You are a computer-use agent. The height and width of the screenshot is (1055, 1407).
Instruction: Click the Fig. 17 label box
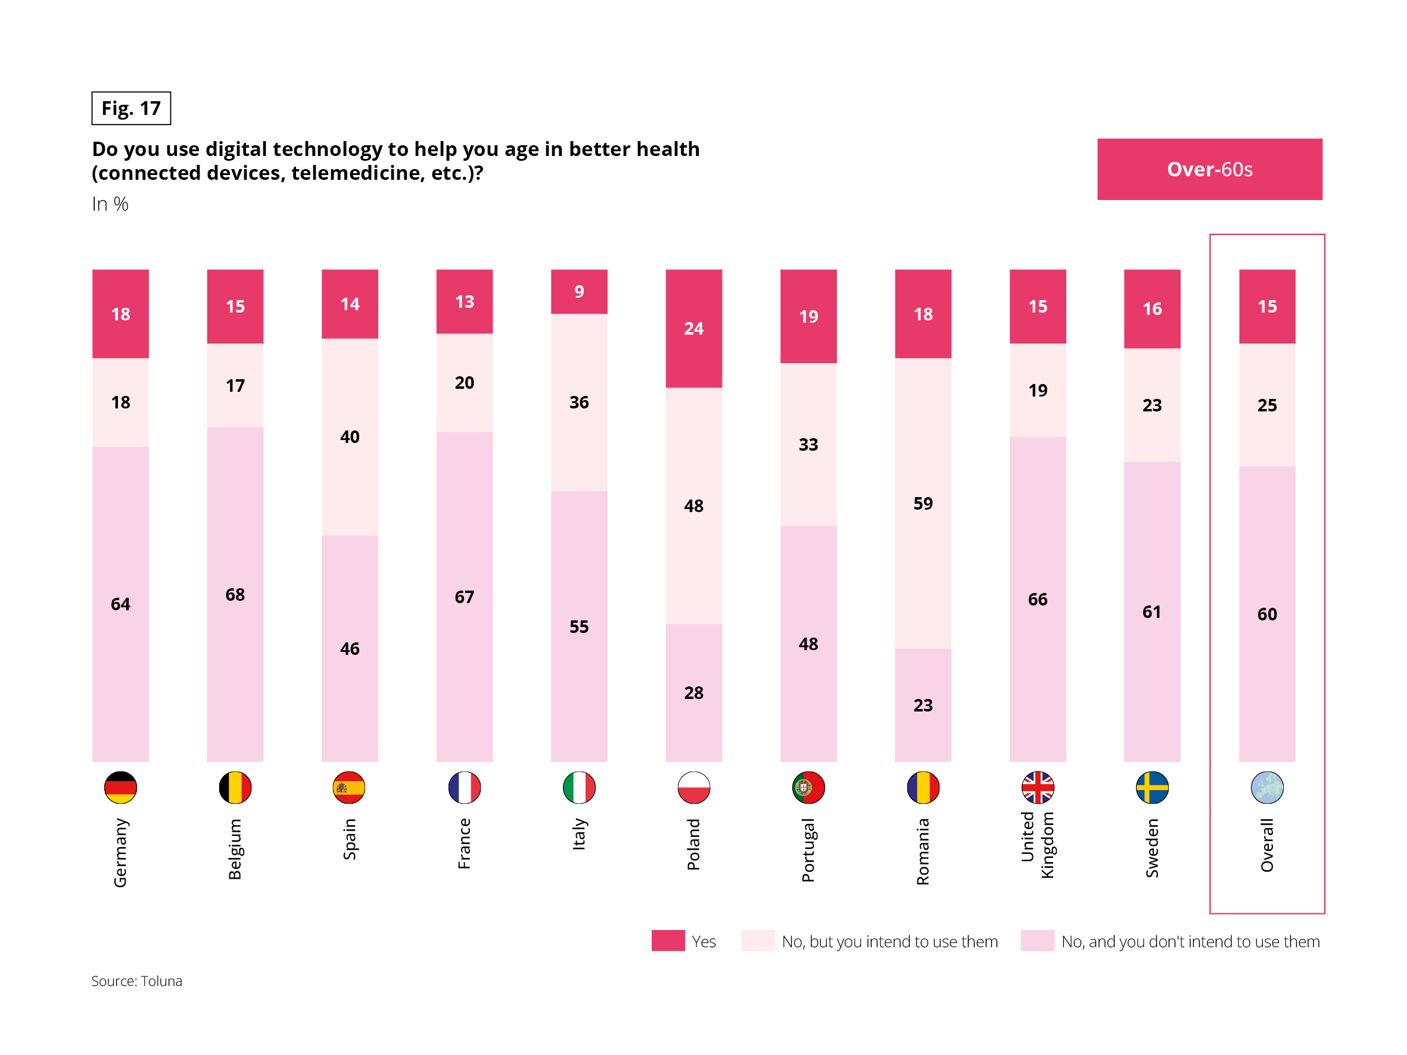[x=131, y=108]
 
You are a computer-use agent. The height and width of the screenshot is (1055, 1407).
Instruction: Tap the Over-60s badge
[x=1209, y=169]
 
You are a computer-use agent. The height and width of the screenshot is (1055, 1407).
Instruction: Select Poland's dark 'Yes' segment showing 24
[x=693, y=328]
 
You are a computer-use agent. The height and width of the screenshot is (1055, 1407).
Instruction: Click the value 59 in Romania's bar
[x=923, y=504]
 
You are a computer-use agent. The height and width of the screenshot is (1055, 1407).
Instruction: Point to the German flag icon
[x=120, y=787]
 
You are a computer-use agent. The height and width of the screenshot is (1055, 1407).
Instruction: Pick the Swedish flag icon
[x=1152, y=787]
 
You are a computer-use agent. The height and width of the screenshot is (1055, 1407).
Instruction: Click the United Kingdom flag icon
[x=1038, y=787]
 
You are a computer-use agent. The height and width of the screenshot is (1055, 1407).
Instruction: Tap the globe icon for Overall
[x=1267, y=787]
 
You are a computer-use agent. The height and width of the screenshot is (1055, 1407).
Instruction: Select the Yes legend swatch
[x=668, y=941]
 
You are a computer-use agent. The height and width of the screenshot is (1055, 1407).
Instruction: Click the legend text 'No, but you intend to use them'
[x=889, y=941]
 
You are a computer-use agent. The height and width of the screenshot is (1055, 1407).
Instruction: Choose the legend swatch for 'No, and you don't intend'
[x=1037, y=941]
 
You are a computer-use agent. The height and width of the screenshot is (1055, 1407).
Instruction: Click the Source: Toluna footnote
[x=137, y=981]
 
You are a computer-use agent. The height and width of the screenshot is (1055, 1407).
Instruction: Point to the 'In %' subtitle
[x=110, y=204]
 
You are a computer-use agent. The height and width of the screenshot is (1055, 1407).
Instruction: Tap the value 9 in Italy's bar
[x=579, y=291]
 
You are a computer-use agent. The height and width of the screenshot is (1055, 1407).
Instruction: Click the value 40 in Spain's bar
[x=350, y=437]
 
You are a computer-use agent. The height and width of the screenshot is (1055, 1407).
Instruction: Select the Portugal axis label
[x=808, y=850]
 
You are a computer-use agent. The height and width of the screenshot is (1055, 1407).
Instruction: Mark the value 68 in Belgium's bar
[x=235, y=595]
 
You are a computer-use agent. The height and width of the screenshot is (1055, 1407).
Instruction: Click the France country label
[x=465, y=843]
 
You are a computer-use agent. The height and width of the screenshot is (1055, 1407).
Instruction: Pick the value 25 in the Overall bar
[x=1267, y=405]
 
